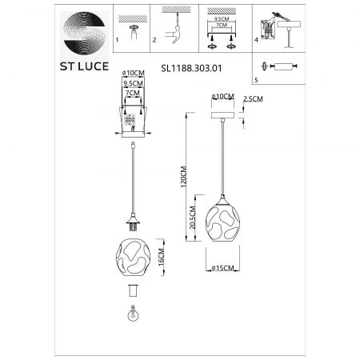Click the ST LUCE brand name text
click(84, 66)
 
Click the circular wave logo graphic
click(85, 34)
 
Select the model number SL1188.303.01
click(191, 69)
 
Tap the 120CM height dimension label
click(184, 177)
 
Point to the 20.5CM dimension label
click(192, 218)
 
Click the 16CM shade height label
click(161, 257)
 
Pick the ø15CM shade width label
click(222, 268)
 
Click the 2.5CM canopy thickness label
click(253, 99)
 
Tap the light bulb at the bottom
click(133, 313)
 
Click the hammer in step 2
click(174, 34)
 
